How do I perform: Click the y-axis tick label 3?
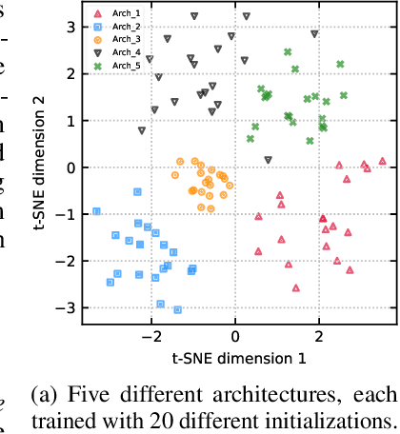click(70, 27)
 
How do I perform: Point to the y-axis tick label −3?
click(67, 307)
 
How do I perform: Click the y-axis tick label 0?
click(70, 168)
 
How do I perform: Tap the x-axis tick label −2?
click(150, 337)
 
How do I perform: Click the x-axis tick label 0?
click(235, 337)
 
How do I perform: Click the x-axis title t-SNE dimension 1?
click(238, 358)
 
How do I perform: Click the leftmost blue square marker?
click(97, 211)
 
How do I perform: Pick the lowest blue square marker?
click(177, 308)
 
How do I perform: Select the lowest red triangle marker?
click(296, 286)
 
